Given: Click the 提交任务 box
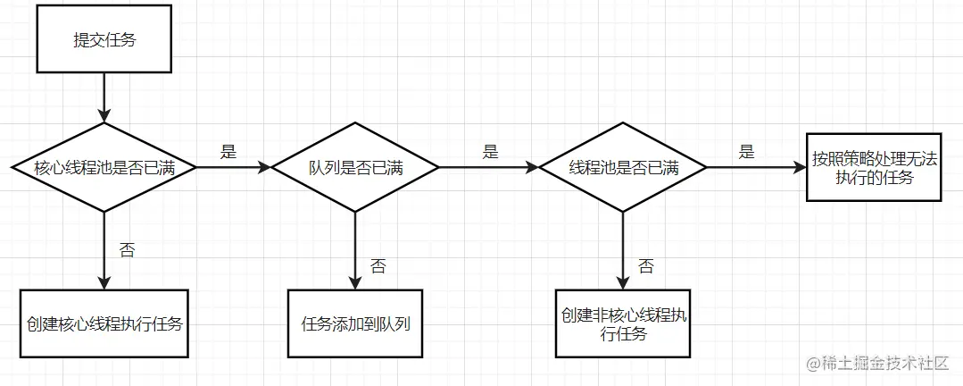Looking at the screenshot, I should click(x=104, y=40).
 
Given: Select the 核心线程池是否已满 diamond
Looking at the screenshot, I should click(x=104, y=167).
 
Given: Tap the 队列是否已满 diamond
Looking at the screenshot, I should click(x=355, y=167).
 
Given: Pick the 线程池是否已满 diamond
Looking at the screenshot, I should click(x=623, y=167).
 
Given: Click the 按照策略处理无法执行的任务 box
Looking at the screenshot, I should click(x=874, y=167).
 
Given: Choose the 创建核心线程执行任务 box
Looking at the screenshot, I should click(x=104, y=323).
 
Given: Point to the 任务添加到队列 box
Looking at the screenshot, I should click(x=355, y=323).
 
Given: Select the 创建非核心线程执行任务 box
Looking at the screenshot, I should click(x=623, y=323).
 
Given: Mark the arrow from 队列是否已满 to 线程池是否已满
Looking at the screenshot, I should click(x=489, y=167).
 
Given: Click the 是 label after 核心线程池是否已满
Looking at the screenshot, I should click(x=228, y=152).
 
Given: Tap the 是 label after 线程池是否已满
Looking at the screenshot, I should click(x=746, y=152).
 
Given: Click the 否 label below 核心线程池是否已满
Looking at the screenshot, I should click(x=127, y=250).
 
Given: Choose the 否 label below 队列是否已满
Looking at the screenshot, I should click(x=378, y=265).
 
